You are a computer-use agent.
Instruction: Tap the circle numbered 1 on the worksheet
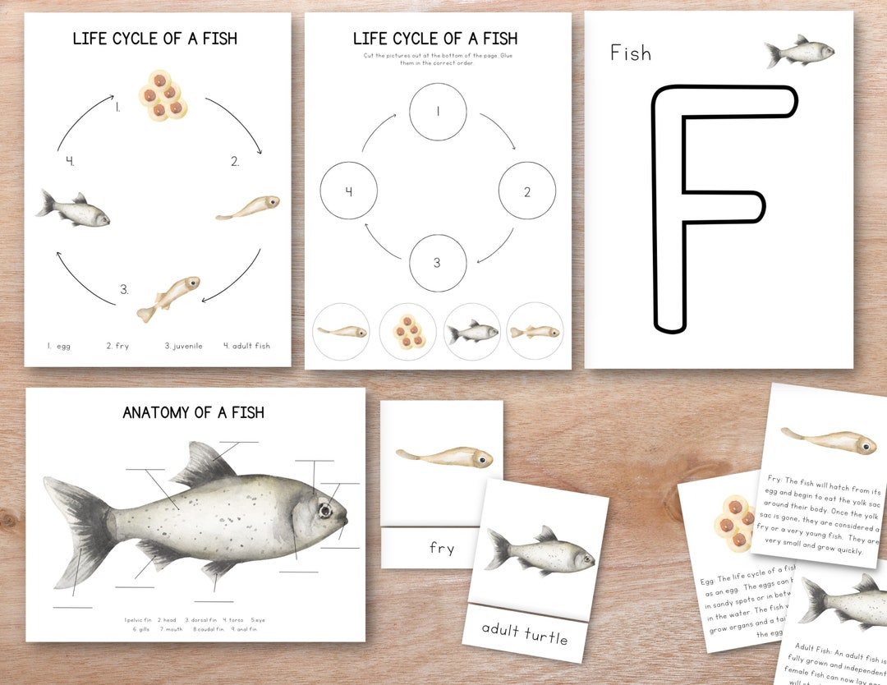[x=438, y=112]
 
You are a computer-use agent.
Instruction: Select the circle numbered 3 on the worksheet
[x=438, y=263]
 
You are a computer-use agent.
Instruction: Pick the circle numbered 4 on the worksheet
[x=348, y=191]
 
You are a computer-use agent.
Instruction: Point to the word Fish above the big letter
[x=630, y=53]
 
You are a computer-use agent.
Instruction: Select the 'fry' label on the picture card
[x=441, y=548]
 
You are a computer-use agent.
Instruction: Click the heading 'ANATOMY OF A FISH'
[x=194, y=412]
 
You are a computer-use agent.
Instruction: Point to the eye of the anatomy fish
[x=325, y=510]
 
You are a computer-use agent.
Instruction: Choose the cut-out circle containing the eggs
[x=407, y=332]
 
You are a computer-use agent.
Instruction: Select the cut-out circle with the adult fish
[x=471, y=332]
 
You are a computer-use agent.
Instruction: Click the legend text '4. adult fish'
[x=246, y=346]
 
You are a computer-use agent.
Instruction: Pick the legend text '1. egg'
[x=58, y=346]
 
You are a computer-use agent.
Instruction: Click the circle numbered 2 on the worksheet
[x=527, y=191]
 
